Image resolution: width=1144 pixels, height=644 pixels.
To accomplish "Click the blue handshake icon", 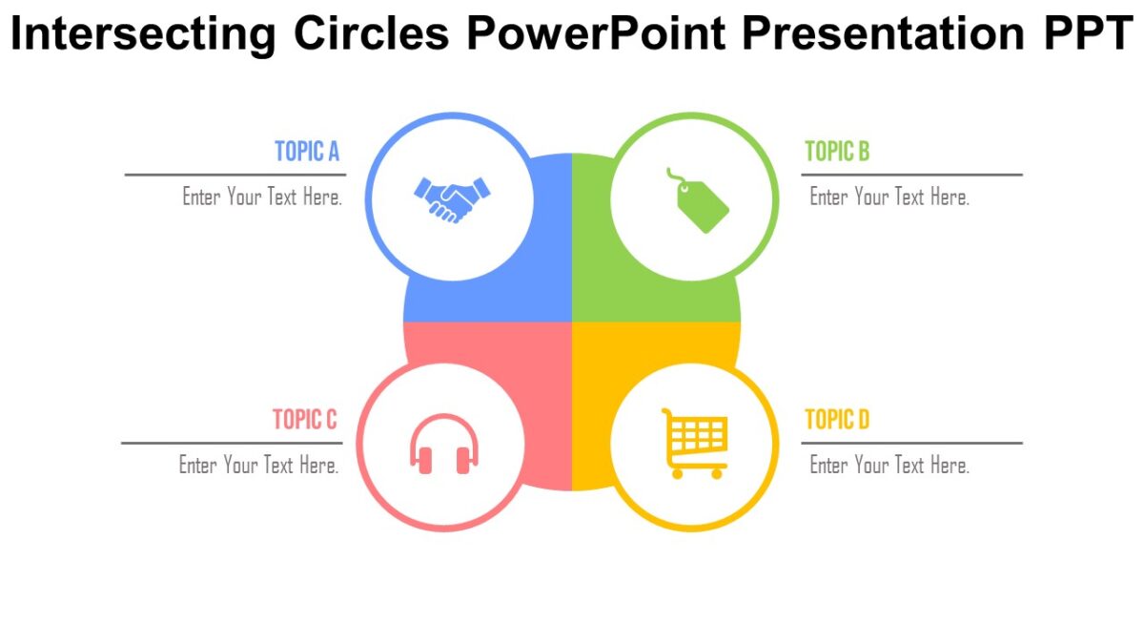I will pyautogui.click(x=452, y=198).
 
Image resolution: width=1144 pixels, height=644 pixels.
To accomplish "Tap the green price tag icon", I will pyautogui.click(x=702, y=201).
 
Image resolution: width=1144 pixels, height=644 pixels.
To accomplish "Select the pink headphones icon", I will pyautogui.click(x=444, y=445).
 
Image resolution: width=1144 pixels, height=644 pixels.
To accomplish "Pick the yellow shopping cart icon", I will pyautogui.click(x=694, y=443).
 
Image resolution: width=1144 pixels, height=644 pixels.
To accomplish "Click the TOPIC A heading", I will pyautogui.click(x=307, y=152).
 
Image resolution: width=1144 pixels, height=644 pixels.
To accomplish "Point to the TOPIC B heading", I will pyautogui.click(x=837, y=152).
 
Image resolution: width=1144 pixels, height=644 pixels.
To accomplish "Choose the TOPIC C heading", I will pyautogui.click(x=305, y=420).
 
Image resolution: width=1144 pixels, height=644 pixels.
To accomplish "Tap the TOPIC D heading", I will pyautogui.click(x=837, y=420).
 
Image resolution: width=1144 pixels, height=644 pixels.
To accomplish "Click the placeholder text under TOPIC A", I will pyautogui.click(x=262, y=197).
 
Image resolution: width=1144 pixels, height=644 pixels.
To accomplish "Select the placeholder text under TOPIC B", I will pyautogui.click(x=889, y=197).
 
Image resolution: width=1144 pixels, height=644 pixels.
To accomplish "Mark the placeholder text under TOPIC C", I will pyautogui.click(x=259, y=466).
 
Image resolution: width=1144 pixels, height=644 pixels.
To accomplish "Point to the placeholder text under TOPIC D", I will pyautogui.click(x=889, y=466).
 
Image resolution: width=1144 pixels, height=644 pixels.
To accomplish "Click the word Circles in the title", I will pyautogui.click(x=372, y=33).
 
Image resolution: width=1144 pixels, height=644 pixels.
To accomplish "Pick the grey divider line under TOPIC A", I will pyautogui.click(x=235, y=175).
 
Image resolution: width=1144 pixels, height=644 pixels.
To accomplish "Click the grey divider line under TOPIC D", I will pyautogui.click(x=911, y=443).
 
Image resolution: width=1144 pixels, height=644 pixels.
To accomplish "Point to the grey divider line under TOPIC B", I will pyautogui.click(x=911, y=175).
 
